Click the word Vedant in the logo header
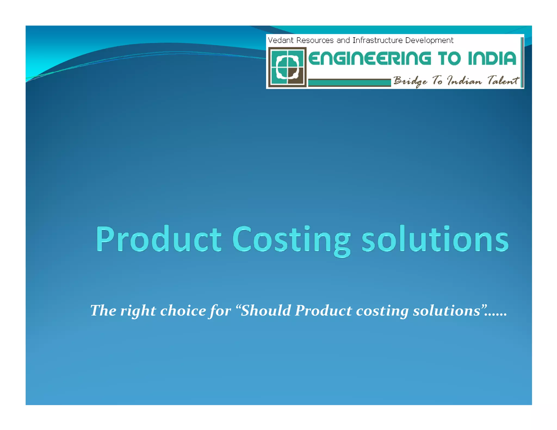click(280, 40)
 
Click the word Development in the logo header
click(429, 40)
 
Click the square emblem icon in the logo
click(287, 67)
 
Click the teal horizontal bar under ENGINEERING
click(349, 82)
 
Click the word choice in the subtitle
click(183, 310)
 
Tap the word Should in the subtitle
click(265, 310)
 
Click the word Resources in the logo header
click(315, 40)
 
